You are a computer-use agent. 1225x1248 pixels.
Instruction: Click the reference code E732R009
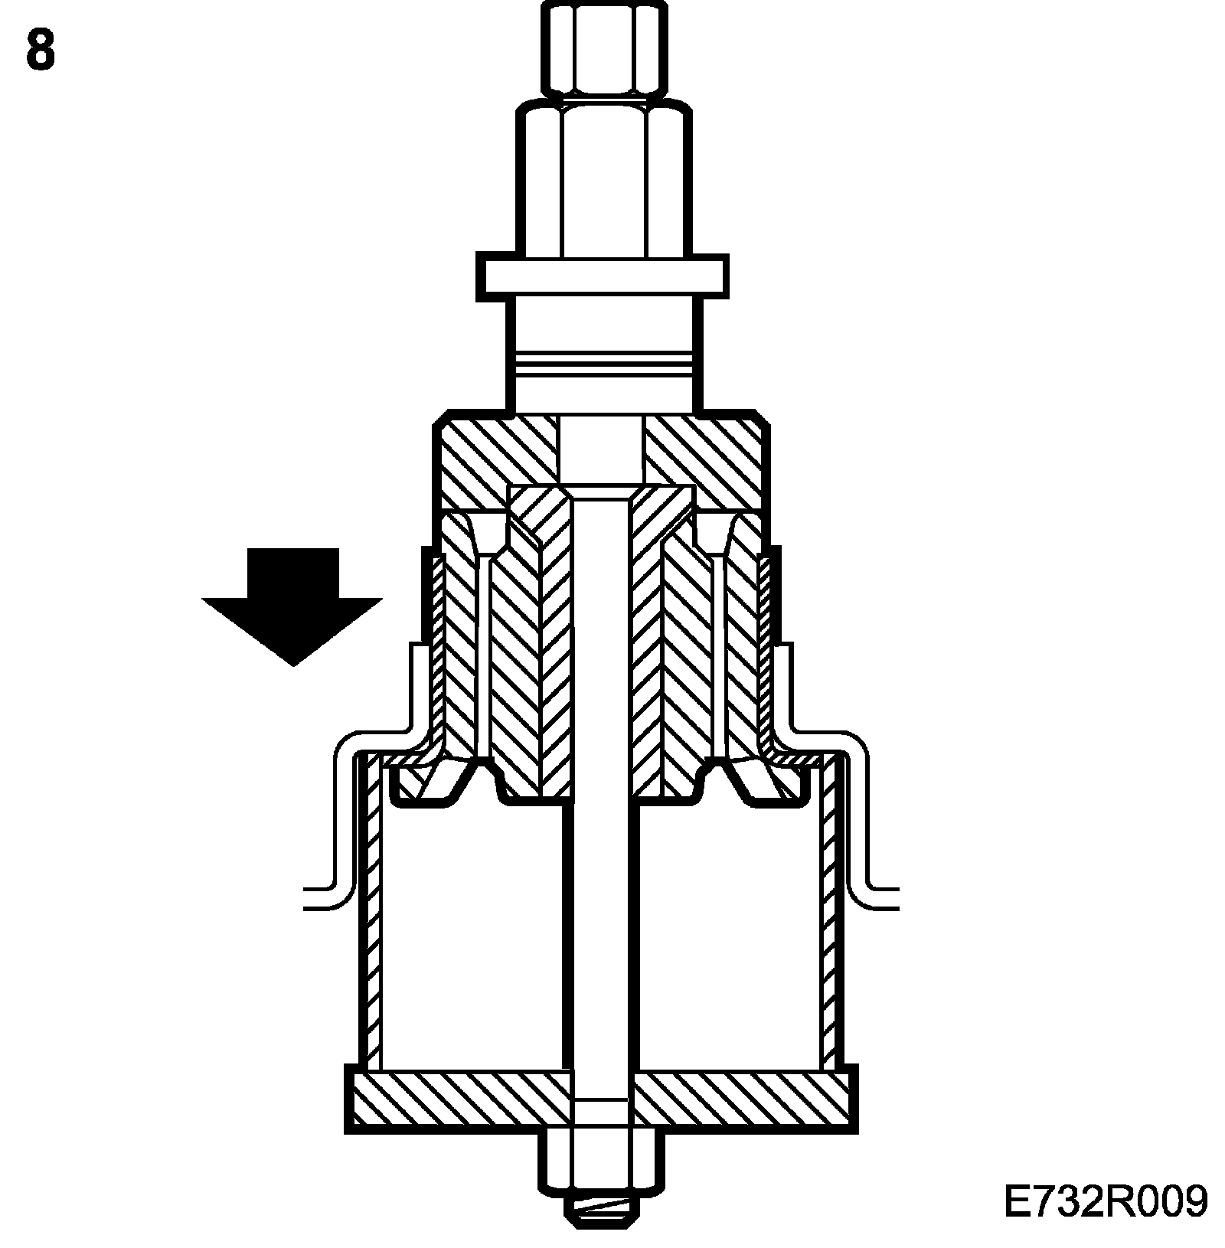pos(1105,1201)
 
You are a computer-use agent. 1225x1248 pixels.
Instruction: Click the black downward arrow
pos(292,604)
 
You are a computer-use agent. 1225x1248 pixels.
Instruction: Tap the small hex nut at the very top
pos(601,48)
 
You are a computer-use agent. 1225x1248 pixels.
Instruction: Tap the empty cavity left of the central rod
pos(471,942)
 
